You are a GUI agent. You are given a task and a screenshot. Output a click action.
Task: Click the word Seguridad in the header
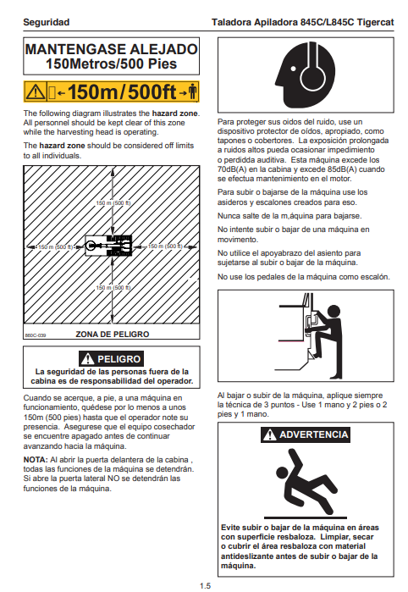pyautogui.click(x=46, y=22)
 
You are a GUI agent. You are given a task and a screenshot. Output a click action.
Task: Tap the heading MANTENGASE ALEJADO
pyautogui.click(x=112, y=49)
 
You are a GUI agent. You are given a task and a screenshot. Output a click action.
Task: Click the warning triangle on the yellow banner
pyautogui.click(x=35, y=91)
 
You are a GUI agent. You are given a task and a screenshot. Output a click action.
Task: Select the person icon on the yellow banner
pyautogui.click(x=193, y=91)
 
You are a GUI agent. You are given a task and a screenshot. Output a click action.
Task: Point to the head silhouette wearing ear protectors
pyautogui.click(x=305, y=75)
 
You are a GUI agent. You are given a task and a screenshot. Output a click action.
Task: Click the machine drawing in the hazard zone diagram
pyautogui.click(x=108, y=246)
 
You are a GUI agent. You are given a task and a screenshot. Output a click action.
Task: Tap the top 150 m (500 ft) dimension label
pyautogui.click(x=113, y=203)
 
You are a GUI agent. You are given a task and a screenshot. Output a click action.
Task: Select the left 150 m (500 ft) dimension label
pyautogui.click(x=55, y=247)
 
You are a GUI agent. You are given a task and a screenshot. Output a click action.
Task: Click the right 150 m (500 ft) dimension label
pyautogui.click(x=165, y=246)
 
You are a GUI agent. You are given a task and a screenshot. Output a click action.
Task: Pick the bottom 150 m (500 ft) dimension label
pyautogui.click(x=113, y=288)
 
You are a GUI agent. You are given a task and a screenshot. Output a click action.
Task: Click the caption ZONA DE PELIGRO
pyautogui.click(x=113, y=335)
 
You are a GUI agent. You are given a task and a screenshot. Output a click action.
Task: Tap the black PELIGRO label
pyautogui.click(x=112, y=359)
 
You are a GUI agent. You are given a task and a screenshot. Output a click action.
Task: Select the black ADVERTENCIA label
pyautogui.click(x=306, y=434)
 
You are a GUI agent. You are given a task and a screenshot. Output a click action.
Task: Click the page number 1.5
pyautogui.click(x=205, y=585)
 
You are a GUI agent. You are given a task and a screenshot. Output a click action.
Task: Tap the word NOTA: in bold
pyautogui.click(x=36, y=460)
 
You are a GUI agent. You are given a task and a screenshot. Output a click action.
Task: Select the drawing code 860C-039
pyautogui.click(x=36, y=335)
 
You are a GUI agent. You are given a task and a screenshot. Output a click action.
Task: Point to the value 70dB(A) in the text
pyautogui.click(x=232, y=169)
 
